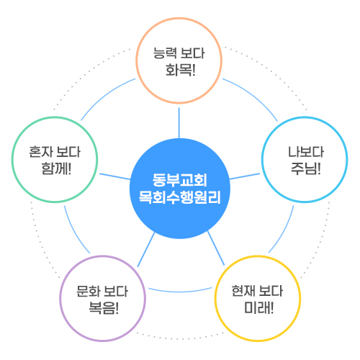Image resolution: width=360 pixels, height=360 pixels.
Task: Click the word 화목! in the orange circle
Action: [181, 70]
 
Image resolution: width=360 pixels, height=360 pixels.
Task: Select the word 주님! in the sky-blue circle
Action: [306, 168]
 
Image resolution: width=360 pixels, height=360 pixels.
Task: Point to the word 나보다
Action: [306, 152]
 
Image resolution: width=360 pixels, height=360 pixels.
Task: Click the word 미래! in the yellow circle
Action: [258, 307]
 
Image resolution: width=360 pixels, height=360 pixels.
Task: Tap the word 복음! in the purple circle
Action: [104, 307]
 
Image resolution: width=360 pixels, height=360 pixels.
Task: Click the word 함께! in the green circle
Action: [56, 168]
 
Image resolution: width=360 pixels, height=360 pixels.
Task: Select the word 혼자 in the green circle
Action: [40, 152]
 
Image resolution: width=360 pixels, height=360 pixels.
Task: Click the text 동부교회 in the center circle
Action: [180, 180]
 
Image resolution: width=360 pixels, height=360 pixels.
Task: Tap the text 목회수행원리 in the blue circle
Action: [180, 197]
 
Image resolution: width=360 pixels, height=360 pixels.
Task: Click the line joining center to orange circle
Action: [179, 123]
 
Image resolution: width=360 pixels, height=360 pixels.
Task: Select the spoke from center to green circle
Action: [115, 176]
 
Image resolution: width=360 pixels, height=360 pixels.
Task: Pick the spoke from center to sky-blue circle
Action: [245, 176]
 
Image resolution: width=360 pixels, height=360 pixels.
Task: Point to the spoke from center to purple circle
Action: [146, 250]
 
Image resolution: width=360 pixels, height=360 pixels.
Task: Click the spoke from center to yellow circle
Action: [216, 248]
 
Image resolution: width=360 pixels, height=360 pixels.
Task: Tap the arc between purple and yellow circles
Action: [180, 291]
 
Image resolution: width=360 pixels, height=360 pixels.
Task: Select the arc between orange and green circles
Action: [106, 96]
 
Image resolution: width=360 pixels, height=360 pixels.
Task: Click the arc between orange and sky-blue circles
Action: [253, 96]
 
